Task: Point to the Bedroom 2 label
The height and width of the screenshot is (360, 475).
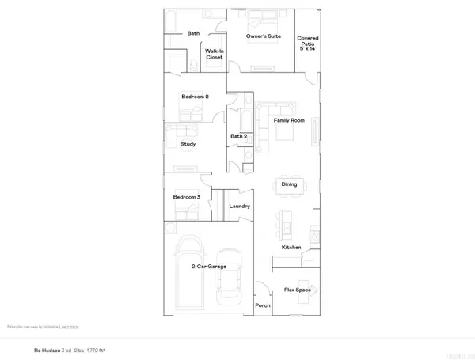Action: (194, 97)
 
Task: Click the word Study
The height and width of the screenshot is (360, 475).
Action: (188, 144)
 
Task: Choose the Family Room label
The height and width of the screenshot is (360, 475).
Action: (289, 120)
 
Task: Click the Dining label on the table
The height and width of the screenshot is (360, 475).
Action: (290, 185)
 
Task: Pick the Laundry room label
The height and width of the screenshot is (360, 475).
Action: (239, 207)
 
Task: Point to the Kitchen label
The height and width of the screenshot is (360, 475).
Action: (291, 248)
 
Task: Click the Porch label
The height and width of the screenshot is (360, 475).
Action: (262, 306)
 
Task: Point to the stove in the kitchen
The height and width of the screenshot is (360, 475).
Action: (313, 234)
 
